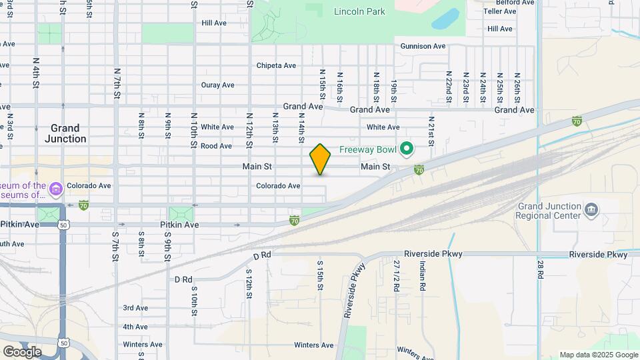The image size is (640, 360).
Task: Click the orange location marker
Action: pyautogui.click(x=320, y=159)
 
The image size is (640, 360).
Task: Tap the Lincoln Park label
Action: pyautogui.click(x=359, y=11)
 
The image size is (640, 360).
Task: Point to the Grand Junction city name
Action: pyautogui.click(x=65, y=133)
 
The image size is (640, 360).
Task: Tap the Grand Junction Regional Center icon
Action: pyautogui.click(x=590, y=210)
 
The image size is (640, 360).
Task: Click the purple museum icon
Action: pyautogui.click(x=55, y=190)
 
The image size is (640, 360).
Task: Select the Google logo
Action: pyautogui.click(x=22, y=351)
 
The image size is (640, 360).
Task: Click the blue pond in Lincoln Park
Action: pyautogui.click(x=445, y=19)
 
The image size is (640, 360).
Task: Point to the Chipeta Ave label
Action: pyautogui.click(x=277, y=65)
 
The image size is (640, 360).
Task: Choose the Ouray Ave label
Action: pyautogui.click(x=218, y=85)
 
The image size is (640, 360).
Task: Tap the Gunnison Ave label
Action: pyautogui.click(x=423, y=46)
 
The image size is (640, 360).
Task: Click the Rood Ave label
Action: pyautogui.click(x=216, y=145)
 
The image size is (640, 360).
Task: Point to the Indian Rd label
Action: pyautogui.click(x=423, y=275)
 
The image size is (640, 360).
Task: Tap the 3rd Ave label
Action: pyautogui.click(x=135, y=307)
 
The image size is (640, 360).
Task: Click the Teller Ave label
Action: pyautogui.click(x=501, y=11)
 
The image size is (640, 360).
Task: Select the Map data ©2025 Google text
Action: pyautogui.click(x=599, y=355)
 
